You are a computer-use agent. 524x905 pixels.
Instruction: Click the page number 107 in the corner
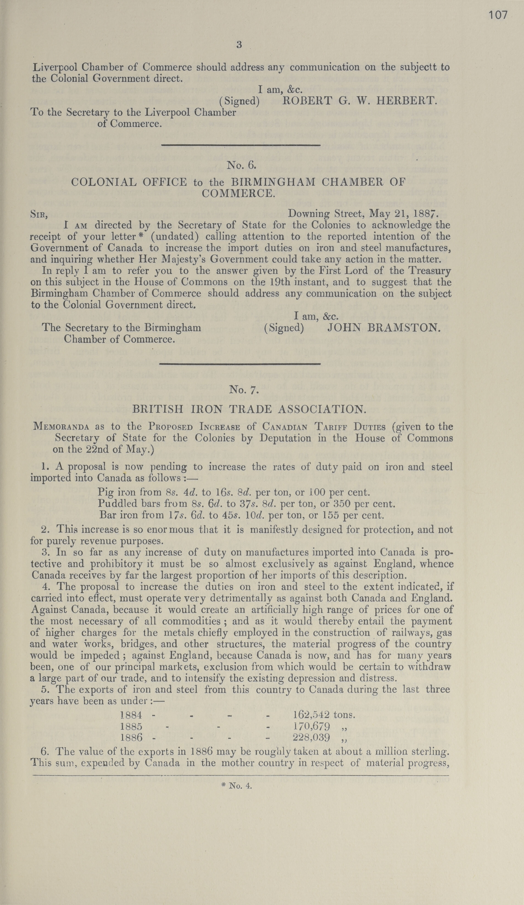(x=498, y=15)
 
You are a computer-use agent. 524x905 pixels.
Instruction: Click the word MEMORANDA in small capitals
(x=61, y=427)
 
